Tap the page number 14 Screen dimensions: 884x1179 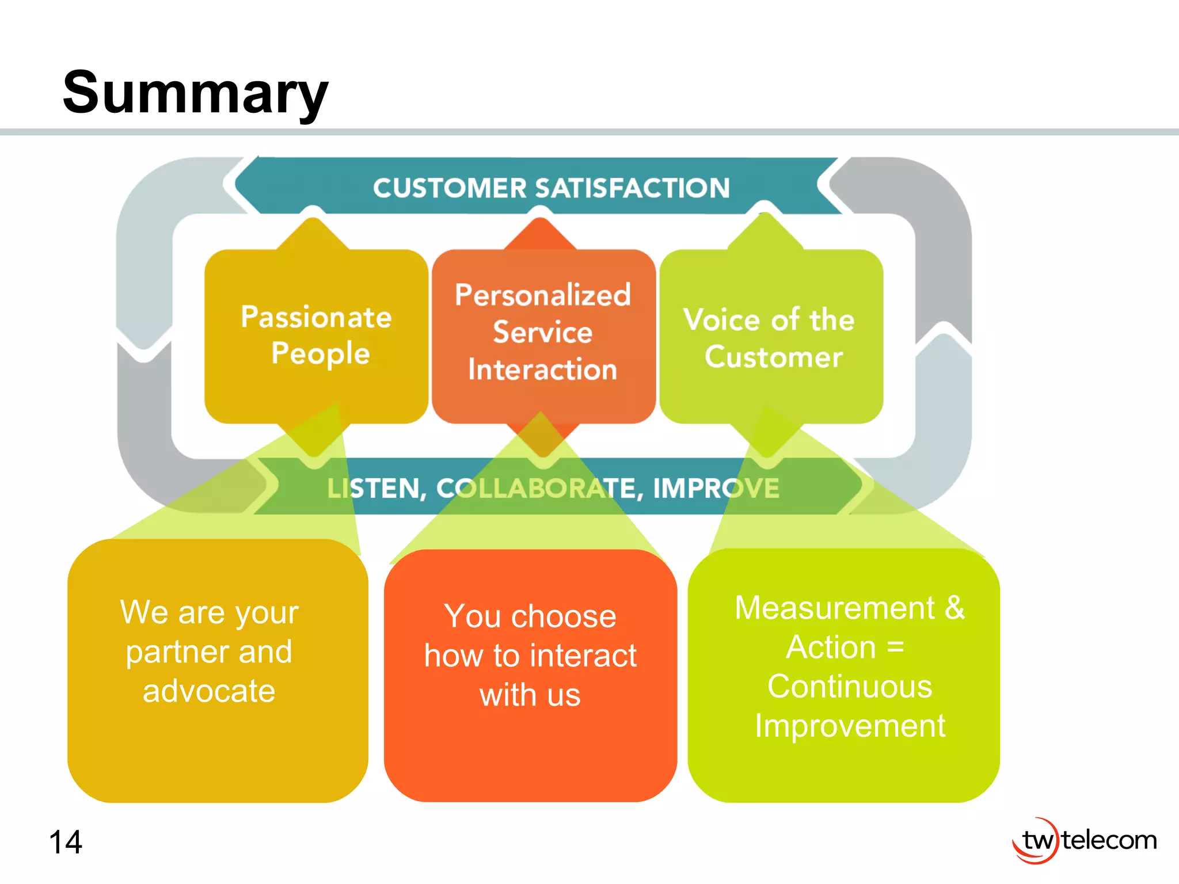66,843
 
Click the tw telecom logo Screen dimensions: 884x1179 1085,841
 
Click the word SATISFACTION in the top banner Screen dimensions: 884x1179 633,188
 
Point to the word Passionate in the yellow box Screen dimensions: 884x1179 316,317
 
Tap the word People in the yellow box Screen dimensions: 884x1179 321,353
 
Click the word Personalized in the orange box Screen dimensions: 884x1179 543,295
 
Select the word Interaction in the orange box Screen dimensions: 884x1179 542,369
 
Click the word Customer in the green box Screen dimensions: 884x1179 774,357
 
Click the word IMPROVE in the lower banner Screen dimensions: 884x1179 716,489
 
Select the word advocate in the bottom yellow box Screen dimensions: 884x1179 209,691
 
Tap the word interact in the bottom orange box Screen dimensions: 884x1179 583,656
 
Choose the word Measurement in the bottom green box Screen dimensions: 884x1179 835,608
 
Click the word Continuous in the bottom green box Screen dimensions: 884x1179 850,687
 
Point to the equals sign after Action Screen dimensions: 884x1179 895,647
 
